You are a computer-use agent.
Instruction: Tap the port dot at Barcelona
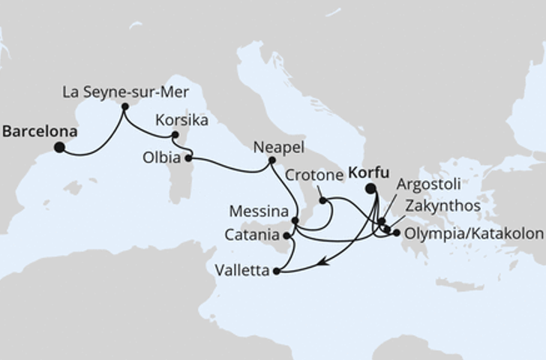point(58,148)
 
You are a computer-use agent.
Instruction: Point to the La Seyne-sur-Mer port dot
point(124,107)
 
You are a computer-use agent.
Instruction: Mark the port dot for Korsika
point(175,135)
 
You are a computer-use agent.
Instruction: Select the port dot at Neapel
point(271,160)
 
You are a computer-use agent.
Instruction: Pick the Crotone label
point(313,175)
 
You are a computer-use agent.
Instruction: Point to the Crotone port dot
point(322,200)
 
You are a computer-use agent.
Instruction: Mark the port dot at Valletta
point(277,271)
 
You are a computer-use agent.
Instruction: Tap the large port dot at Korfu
point(370,189)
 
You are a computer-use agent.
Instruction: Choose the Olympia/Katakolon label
point(473,234)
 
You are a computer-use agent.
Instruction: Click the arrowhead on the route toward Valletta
point(321,262)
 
